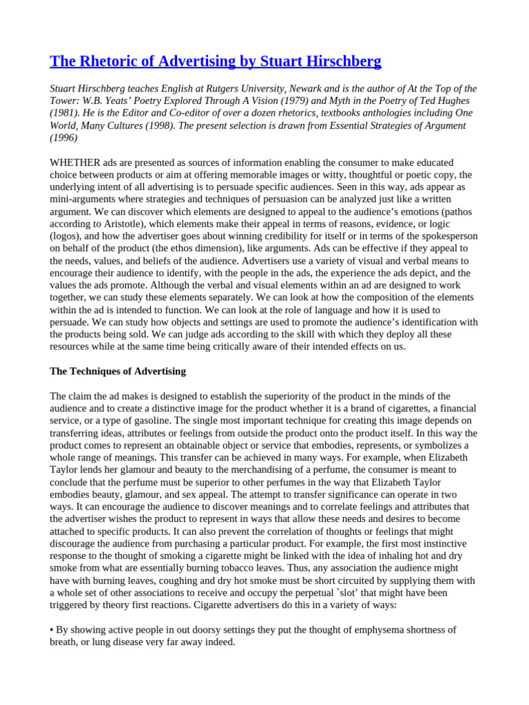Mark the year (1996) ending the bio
[64, 138]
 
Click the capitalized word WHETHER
[75, 162]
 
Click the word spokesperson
[438, 236]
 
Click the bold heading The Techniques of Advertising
[118, 371]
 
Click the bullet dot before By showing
[52, 630]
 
